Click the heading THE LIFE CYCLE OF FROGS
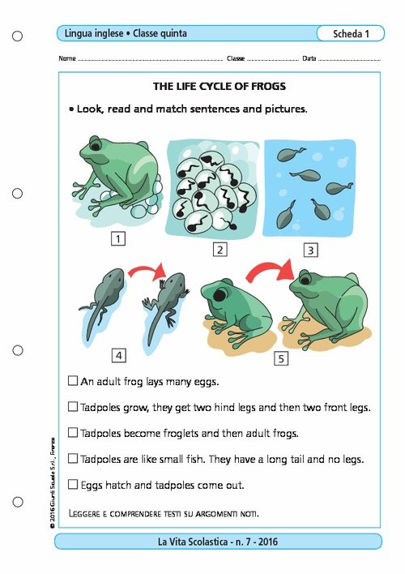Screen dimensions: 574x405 (x=220, y=86)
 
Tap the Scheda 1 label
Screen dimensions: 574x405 (x=352, y=33)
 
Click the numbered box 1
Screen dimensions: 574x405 (x=119, y=239)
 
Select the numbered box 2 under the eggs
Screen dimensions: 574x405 (x=219, y=250)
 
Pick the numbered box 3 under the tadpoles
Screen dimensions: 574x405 (x=309, y=250)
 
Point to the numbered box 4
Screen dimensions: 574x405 (x=119, y=355)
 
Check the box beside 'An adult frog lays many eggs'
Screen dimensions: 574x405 (x=73, y=380)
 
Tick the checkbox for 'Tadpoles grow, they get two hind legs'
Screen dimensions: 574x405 (x=73, y=406)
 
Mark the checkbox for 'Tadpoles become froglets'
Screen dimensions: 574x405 (x=73, y=432)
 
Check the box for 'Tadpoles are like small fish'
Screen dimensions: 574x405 (x=73, y=458)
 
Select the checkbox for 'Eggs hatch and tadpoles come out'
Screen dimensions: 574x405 (x=73, y=484)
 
